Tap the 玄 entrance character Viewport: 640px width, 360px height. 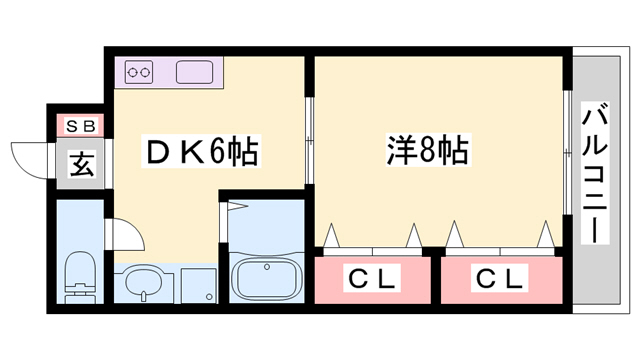pos(81,163)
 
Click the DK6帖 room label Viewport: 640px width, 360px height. pos(203,153)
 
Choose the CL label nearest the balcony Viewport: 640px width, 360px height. pos(497,277)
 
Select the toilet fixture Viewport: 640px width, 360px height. pos(78,276)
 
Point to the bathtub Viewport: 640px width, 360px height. pos(266,277)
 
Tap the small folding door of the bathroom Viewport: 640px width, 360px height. pos(235,209)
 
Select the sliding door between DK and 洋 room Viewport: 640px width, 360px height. pos(310,139)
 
